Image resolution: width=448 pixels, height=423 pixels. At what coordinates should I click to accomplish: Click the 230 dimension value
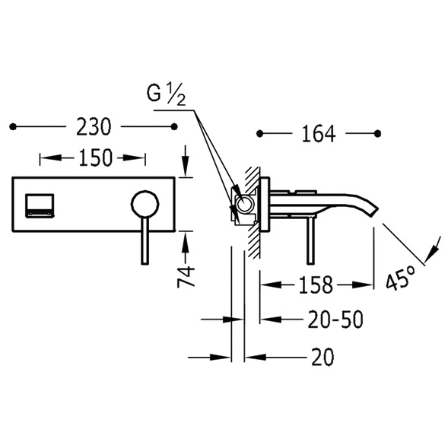click(x=94, y=127)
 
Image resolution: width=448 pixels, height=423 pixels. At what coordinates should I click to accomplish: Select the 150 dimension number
click(x=95, y=157)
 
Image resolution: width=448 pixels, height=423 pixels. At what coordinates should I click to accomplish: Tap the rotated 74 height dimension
click(x=186, y=277)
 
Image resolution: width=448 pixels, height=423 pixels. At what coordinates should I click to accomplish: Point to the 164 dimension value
click(x=319, y=134)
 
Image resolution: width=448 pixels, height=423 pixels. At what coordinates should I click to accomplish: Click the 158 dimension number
click(x=316, y=285)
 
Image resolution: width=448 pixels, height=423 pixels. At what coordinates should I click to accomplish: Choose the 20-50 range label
click(x=335, y=319)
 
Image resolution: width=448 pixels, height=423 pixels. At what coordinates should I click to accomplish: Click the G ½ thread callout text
click(x=167, y=94)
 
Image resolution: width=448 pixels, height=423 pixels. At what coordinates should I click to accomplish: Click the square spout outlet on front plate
click(x=40, y=205)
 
